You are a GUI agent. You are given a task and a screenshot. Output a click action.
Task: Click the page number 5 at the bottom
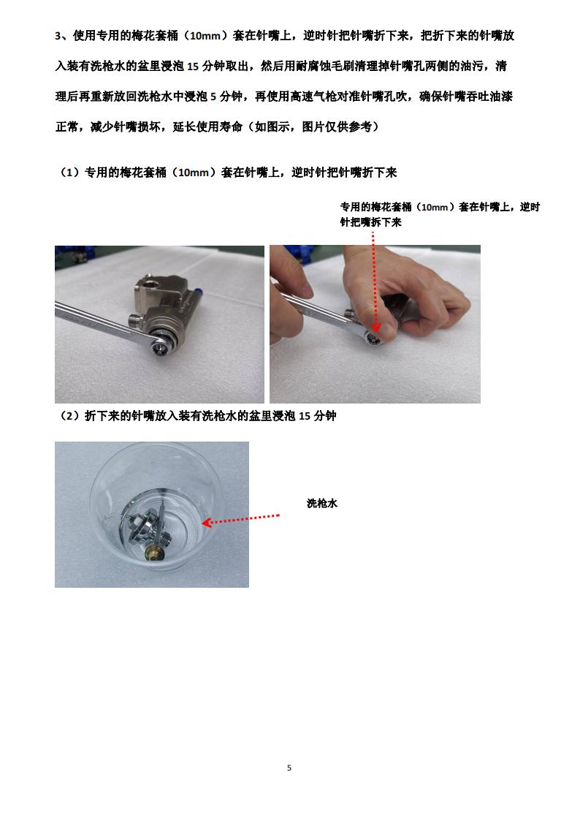pyautogui.click(x=289, y=768)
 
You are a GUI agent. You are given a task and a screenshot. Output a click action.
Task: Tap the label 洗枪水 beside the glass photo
pyautogui.click(x=321, y=504)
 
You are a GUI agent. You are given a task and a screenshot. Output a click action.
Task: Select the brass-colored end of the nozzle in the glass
pyautogui.click(x=155, y=554)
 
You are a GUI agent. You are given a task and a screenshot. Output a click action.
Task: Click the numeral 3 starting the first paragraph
pyautogui.click(x=58, y=36)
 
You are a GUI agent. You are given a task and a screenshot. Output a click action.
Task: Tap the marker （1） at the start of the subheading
pyautogui.click(x=70, y=173)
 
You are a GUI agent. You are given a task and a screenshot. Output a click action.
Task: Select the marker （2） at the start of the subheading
pyautogui.click(x=70, y=417)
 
